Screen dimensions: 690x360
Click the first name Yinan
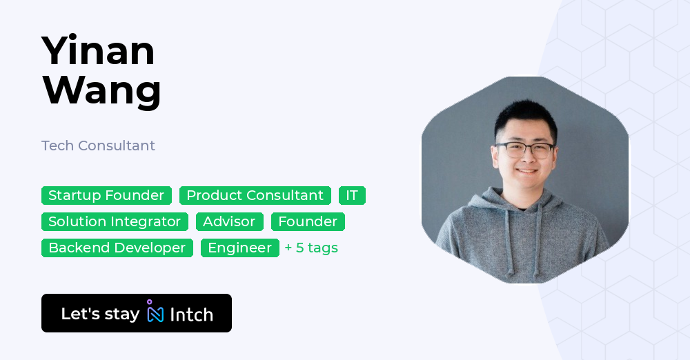click(x=98, y=50)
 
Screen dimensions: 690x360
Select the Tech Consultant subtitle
click(x=98, y=146)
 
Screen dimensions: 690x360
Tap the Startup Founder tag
click(x=106, y=195)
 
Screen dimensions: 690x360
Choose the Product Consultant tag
click(x=255, y=195)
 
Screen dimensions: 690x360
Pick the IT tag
click(x=352, y=195)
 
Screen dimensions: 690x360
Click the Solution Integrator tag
click(x=115, y=221)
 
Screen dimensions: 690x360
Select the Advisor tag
click(x=230, y=221)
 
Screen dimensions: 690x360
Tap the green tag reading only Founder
click(x=308, y=221)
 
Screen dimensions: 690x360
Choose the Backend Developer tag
click(x=117, y=248)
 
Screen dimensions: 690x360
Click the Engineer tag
click(x=240, y=248)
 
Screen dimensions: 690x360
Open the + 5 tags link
click(x=311, y=248)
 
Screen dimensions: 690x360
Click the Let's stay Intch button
click(x=137, y=313)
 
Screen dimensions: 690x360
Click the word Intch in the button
click(x=191, y=314)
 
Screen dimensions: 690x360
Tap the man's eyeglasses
click(x=525, y=150)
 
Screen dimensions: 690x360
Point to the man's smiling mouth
click(x=526, y=171)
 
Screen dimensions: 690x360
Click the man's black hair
click(x=525, y=117)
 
